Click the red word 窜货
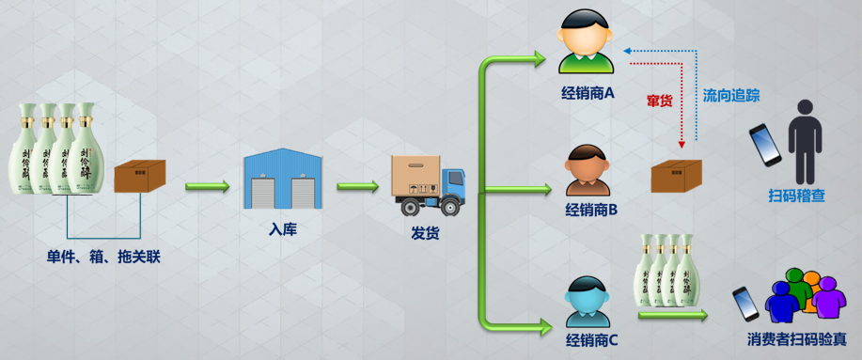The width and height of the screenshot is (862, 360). pyautogui.click(x=659, y=100)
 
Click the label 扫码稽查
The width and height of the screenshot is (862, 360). pyautogui.click(x=796, y=196)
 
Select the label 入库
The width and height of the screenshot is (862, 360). pyautogui.click(x=282, y=228)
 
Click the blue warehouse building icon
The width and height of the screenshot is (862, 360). pyautogui.click(x=283, y=180)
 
